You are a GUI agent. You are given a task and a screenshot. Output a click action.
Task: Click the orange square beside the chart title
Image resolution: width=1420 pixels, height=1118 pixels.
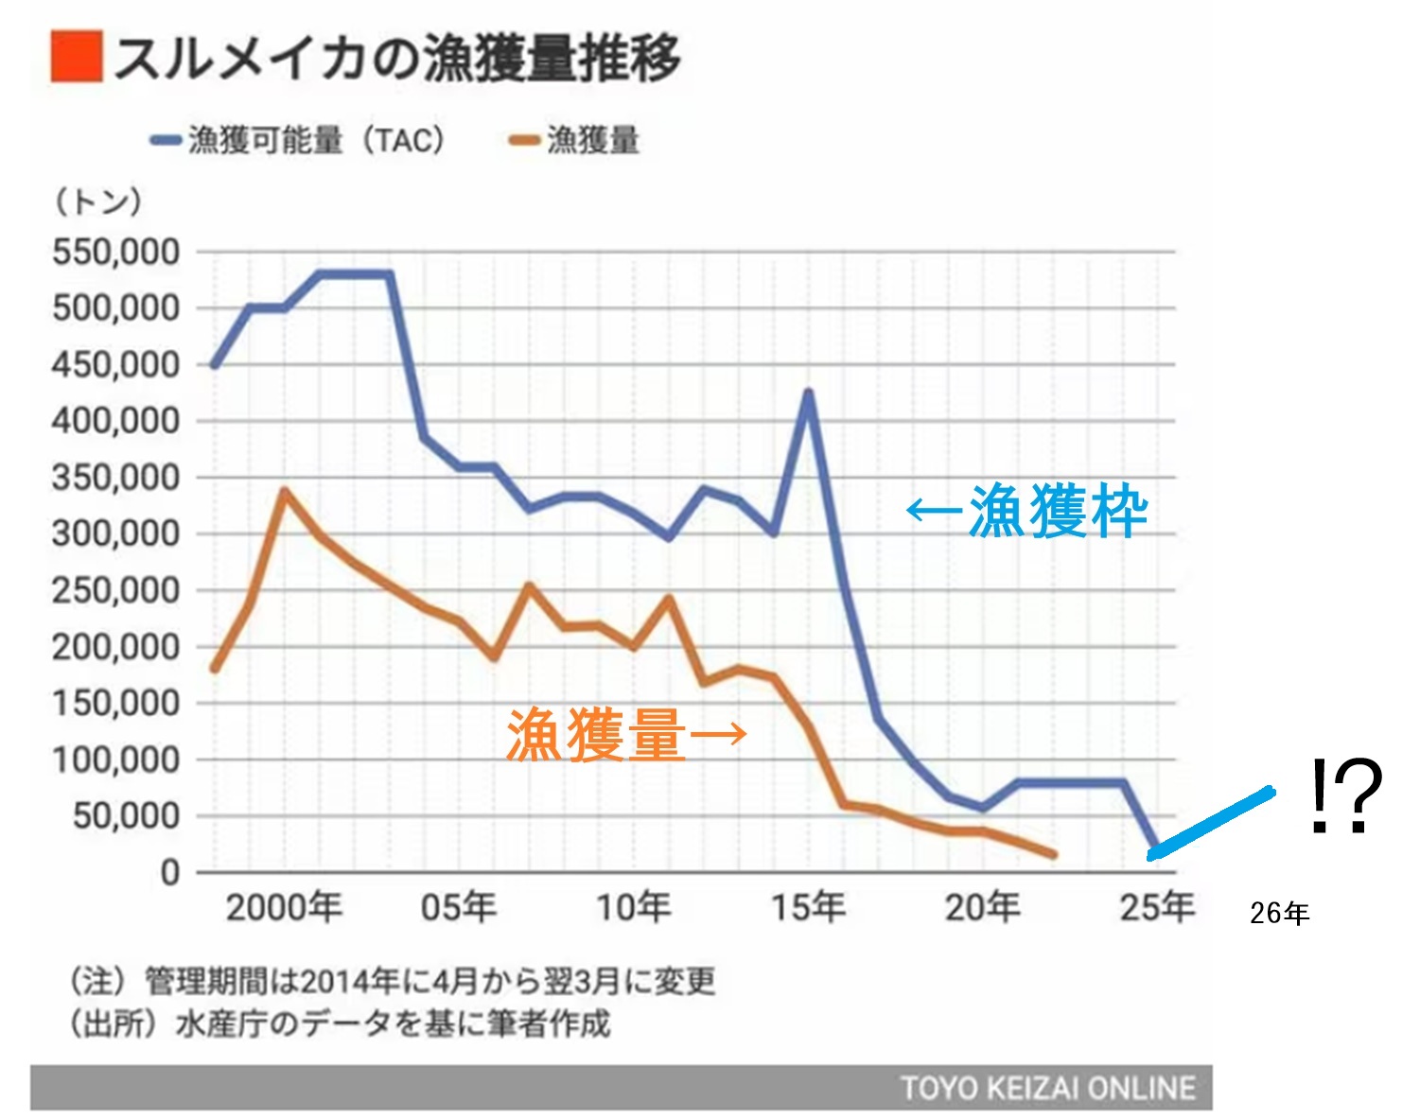coord(76,57)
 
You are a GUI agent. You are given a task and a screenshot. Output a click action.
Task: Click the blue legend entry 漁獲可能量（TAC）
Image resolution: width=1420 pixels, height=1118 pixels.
coord(298,140)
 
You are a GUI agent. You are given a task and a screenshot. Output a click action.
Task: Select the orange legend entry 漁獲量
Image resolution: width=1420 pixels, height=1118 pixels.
coord(574,140)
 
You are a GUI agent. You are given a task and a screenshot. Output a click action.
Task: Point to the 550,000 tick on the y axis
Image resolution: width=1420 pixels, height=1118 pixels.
coord(115,253)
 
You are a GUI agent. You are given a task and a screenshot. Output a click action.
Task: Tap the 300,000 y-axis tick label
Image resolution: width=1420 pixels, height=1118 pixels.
coord(115,534)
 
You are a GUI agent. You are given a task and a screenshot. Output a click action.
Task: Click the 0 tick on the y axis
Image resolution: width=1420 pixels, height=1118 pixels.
coord(170,872)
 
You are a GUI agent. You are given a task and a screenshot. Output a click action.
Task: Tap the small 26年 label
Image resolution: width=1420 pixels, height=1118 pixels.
coord(1279,914)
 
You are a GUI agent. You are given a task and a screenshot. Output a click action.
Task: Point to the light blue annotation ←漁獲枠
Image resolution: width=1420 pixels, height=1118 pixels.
coord(1027,512)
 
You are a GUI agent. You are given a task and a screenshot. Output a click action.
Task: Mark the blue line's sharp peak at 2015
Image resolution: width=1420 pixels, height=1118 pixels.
coord(808,393)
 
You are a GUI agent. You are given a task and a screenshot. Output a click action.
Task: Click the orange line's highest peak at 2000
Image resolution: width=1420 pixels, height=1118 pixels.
coord(284,492)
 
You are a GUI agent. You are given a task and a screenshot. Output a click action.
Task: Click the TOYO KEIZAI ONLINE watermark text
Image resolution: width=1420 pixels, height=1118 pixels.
coord(1047,1088)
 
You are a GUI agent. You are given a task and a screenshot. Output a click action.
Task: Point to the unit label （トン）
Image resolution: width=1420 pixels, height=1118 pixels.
coord(98,201)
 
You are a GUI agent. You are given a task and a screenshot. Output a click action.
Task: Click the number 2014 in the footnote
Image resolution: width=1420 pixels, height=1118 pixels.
coord(339,982)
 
